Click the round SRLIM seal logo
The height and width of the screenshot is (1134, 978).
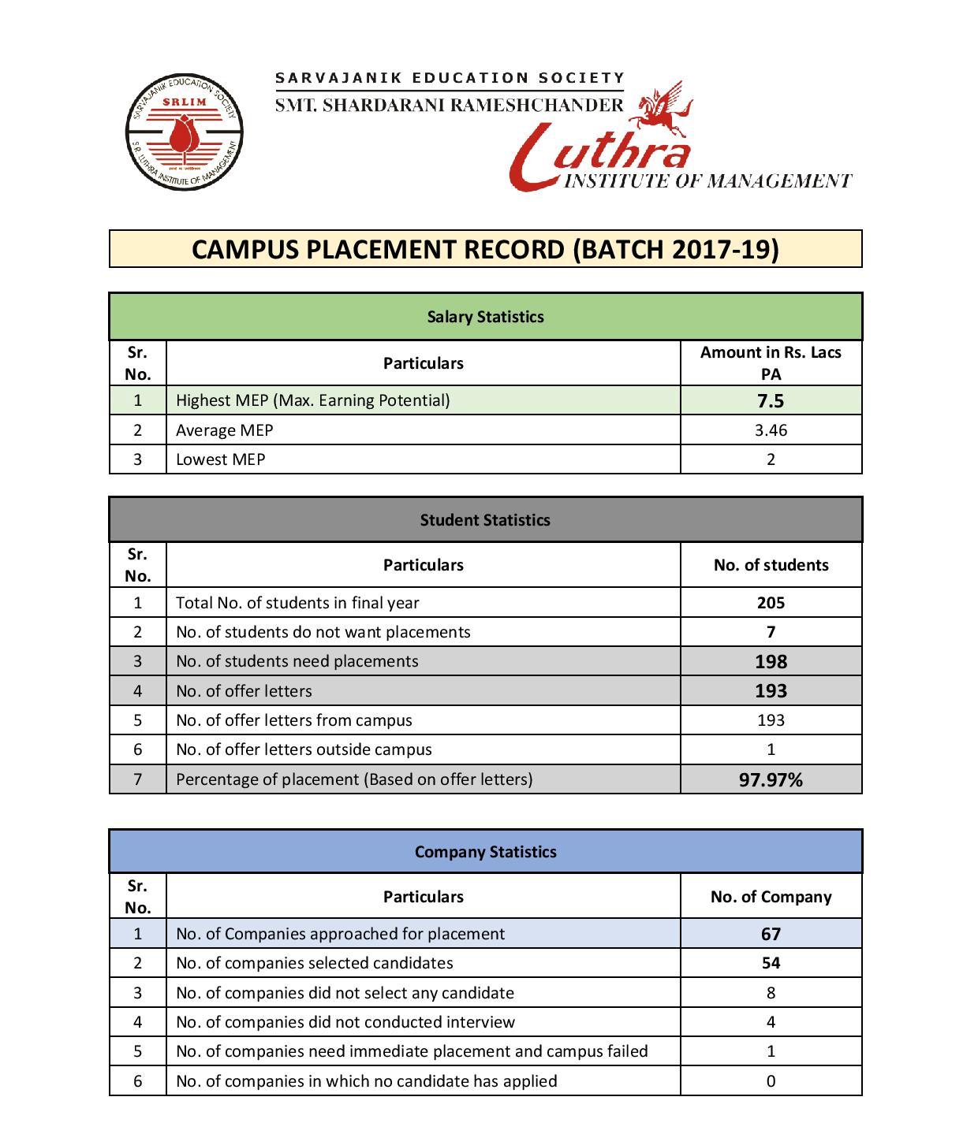pos(184,132)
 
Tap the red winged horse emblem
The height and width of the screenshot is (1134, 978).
pos(663,110)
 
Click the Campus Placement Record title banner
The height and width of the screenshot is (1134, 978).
pos(485,249)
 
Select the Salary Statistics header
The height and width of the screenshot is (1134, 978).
pos(485,317)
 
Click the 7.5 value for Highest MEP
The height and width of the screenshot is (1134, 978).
pos(771,400)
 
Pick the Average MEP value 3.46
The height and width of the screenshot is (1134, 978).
pos(771,430)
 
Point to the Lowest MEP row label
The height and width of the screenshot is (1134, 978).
pos(221,459)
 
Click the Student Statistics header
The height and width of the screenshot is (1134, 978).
pos(485,520)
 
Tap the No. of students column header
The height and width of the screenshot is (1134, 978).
pos(771,565)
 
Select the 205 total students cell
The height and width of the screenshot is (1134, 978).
pos(771,603)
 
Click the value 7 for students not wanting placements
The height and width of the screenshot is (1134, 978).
pos(771,632)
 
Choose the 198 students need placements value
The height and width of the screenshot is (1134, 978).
pos(771,661)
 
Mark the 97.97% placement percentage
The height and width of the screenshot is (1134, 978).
pos(771,779)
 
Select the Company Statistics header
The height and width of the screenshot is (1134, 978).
pos(485,852)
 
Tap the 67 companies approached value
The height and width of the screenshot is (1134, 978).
pos(771,934)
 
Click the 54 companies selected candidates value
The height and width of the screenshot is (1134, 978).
pos(771,963)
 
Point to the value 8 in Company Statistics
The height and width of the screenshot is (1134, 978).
pos(771,993)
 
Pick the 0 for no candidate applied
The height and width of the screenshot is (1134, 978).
pos(771,1081)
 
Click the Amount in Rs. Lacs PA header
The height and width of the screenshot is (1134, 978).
pos(771,363)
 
